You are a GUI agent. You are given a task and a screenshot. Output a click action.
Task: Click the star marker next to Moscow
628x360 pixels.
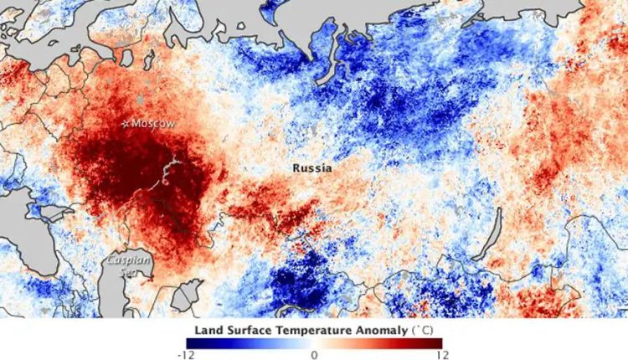click(127, 124)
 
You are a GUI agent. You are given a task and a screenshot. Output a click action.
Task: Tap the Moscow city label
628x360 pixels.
click(154, 124)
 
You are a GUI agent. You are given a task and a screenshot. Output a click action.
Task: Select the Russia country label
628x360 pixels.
click(311, 168)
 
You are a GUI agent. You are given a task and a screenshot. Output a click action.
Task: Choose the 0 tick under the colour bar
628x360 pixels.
click(314, 354)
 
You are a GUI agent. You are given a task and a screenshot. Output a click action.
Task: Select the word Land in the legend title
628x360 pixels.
click(208, 330)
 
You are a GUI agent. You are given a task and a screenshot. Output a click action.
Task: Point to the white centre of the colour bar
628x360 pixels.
click(314, 342)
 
